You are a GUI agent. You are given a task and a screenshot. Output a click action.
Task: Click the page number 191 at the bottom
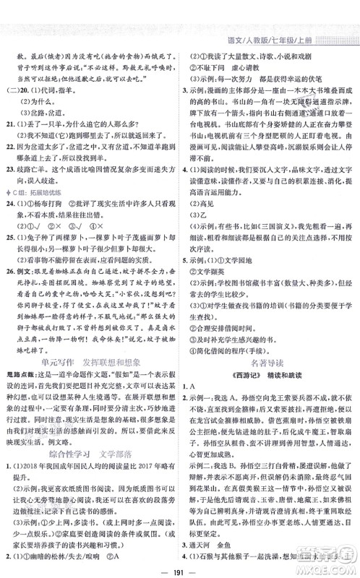pos(180,564)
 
